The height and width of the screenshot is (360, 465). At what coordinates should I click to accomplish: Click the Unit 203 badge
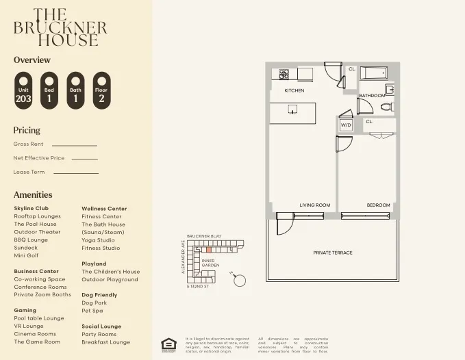(x=23, y=90)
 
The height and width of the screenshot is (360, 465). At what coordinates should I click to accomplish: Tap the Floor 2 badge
(x=101, y=90)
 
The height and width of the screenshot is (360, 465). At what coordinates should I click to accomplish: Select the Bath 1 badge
(x=75, y=90)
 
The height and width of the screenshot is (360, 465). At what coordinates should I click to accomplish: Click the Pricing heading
(x=27, y=130)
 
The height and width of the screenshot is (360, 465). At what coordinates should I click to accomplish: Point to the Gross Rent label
(x=28, y=144)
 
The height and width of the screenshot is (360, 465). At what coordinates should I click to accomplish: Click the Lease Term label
(x=29, y=172)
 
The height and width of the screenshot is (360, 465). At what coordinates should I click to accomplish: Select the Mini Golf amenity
(x=27, y=256)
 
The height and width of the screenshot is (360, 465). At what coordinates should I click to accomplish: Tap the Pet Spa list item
(x=92, y=311)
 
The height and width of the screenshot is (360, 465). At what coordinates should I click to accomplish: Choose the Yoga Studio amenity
(x=98, y=240)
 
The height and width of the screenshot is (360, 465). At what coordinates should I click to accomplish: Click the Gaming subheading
(x=25, y=310)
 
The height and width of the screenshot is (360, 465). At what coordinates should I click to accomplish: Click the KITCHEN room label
(x=294, y=90)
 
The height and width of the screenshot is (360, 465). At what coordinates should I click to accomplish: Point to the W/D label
(x=346, y=125)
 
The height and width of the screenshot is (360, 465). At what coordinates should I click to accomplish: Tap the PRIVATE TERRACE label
(x=333, y=253)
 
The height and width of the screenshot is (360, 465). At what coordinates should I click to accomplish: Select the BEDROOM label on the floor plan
(x=378, y=205)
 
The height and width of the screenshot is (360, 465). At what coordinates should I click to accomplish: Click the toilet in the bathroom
(x=386, y=107)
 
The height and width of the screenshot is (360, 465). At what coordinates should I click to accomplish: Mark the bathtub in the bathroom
(x=374, y=73)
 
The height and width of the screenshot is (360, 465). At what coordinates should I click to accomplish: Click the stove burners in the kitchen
(x=284, y=73)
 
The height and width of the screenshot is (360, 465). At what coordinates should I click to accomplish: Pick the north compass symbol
(x=240, y=279)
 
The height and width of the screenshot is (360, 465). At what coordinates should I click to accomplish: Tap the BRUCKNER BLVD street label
(x=204, y=235)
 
